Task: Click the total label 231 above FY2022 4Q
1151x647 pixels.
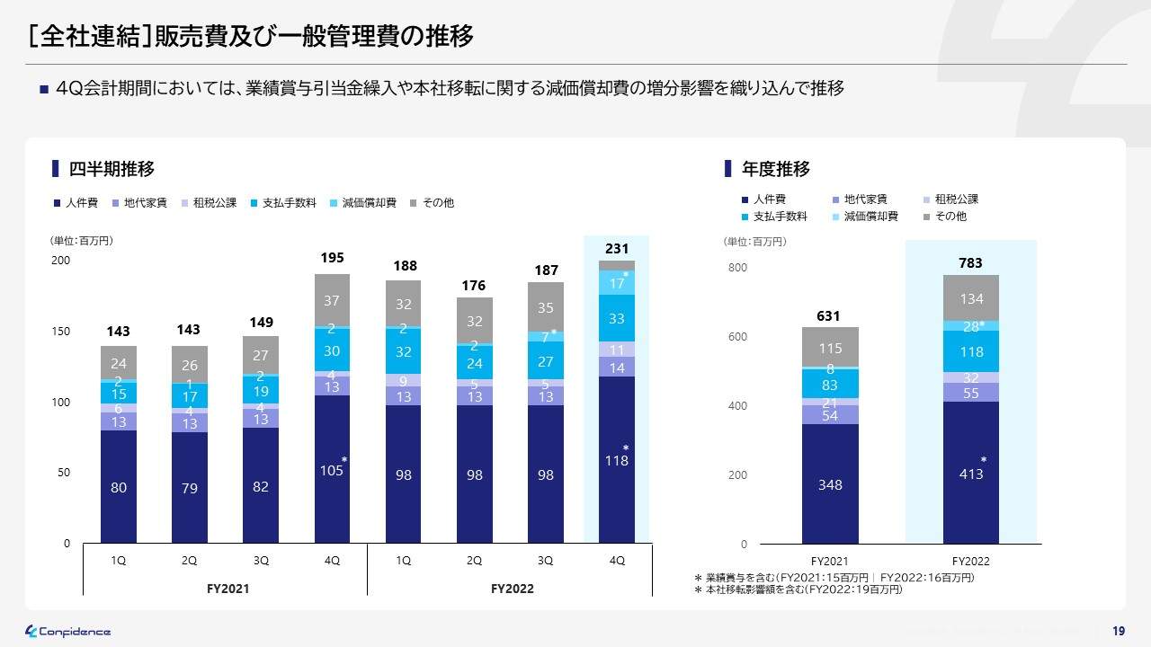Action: tap(617, 248)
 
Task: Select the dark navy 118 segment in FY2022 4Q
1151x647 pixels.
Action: tap(617, 459)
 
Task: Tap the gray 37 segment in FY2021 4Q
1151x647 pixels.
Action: tap(332, 300)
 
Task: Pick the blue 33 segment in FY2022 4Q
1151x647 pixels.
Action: tap(617, 318)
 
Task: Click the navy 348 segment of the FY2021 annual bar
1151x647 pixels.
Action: tap(830, 484)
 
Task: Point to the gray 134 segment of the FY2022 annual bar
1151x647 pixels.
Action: tap(970, 298)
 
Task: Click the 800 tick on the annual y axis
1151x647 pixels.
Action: tap(737, 268)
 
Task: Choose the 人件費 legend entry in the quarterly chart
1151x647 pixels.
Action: tap(76, 203)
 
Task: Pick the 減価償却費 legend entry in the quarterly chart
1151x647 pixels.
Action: tap(363, 203)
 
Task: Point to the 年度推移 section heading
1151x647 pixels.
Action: tap(775, 169)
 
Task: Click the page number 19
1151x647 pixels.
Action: tap(1118, 631)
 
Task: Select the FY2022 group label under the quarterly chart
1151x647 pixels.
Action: tap(513, 589)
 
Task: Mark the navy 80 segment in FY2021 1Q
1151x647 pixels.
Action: tap(119, 487)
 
